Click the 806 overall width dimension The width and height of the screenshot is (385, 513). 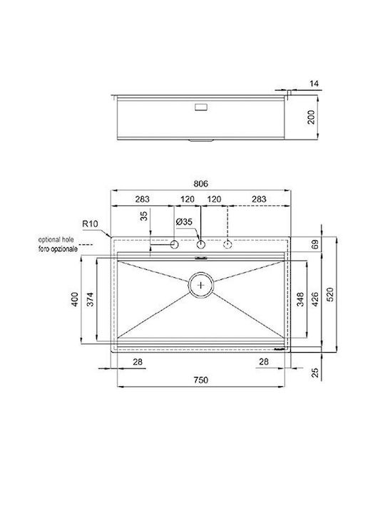click(200, 184)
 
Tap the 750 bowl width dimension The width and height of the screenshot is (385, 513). click(200, 380)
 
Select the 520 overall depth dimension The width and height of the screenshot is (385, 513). click(330, 294)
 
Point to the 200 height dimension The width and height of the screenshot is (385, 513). click(311, 117)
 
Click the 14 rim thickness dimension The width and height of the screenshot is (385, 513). click(314, 84)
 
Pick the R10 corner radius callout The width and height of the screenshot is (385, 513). click(90, 224)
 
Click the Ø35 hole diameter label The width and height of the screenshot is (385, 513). click(184, 222)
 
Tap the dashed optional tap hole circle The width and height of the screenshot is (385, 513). click(227, 244)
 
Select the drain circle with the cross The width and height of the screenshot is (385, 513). click(200, 285)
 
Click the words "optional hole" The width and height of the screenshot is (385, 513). click(56, 240)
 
